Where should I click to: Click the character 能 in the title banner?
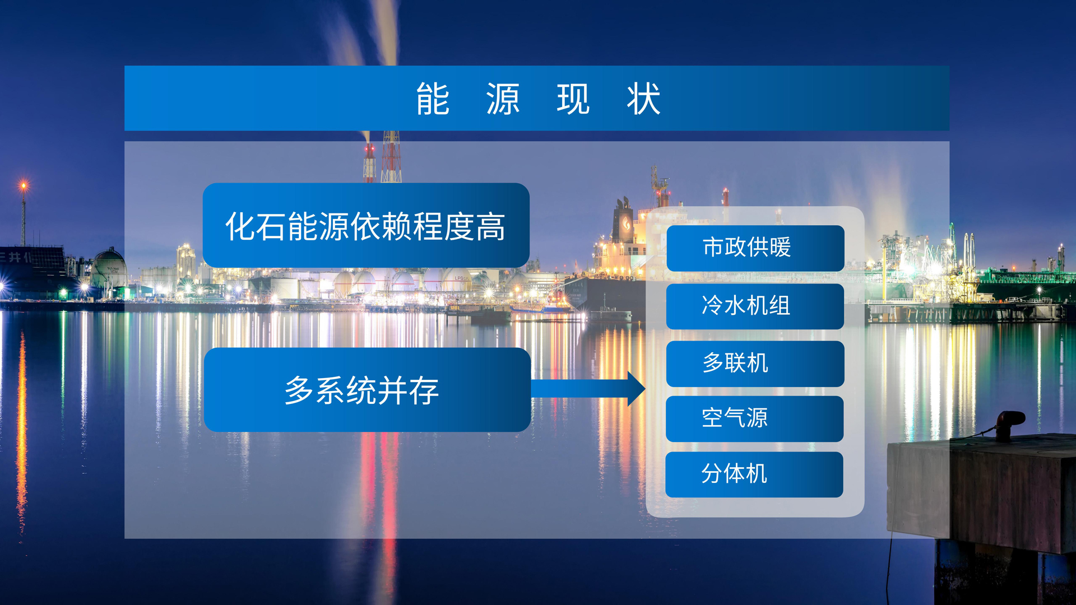click(x=433, y=99)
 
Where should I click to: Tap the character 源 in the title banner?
click(x=503, y=99)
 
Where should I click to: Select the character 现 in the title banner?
click(x=573, y=99)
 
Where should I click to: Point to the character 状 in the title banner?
click(x=644, y=99)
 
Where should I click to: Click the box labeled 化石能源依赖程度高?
click(x=366, y=225)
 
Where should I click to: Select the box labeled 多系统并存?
click(x=367, y=390)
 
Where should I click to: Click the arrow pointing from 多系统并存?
click(x=588, y=388)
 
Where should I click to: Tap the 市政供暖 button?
click(x=755, y=248)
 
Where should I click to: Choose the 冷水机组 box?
click(x=755, y=306)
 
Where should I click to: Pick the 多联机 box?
click(x=755, y=364)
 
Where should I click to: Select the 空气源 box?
click(x=754, y=419)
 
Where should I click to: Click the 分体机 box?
click(x=754, y=474)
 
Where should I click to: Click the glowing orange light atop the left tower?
click(x=24, y=185)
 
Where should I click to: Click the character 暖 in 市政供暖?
click(x=780, y=247)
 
